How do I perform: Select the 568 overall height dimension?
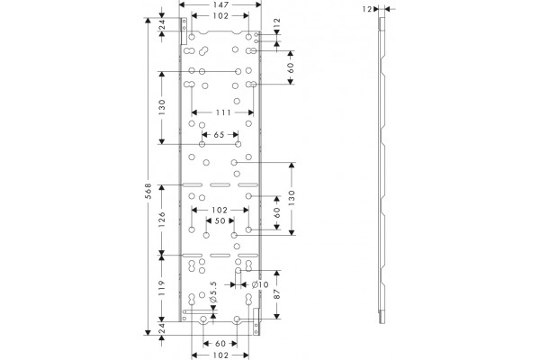click(148, 191)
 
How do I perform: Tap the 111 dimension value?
click(223, 112)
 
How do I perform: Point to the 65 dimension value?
click(219, 135)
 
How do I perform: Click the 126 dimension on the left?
click(162, 220)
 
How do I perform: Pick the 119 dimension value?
click(162, 288)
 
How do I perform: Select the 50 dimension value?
click(220, 220)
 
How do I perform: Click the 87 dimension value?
click(277, 294)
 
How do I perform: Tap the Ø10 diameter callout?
click(260, 284)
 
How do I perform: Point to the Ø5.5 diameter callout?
click(213, 292)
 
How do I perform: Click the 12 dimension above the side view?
click(367, 9)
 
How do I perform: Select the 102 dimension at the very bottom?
click(220, 355)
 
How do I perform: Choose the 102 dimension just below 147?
click(220, 16)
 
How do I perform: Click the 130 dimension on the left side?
click(162, 107)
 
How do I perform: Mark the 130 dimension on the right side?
click(292, 198)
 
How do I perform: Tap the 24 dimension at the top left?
click(162, 24)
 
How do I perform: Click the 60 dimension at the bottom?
click(220, 344)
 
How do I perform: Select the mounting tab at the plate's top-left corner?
click(184, 31)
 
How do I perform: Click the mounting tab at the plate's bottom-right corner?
click(256, 321)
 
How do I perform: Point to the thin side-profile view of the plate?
click(382, 170)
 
